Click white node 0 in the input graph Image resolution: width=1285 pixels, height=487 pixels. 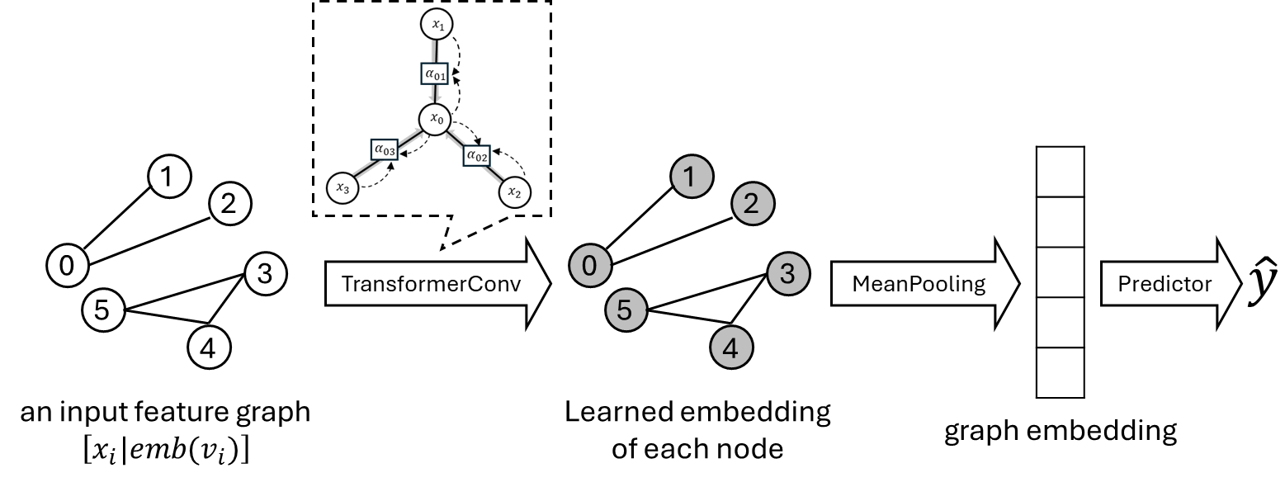(68, 265)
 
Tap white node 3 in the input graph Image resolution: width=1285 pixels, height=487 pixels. (266, 273)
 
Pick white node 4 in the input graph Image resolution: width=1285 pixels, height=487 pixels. (209, 349)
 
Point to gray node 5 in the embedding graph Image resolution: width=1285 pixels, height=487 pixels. (626, 310)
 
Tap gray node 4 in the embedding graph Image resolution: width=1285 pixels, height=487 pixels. (731, 349)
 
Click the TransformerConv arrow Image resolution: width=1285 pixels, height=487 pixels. (437, 284)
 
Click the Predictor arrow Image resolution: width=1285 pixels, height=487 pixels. (1170, 284)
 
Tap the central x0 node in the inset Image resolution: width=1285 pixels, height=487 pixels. (436, 121)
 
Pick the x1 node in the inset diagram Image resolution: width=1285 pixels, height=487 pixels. (436, 26)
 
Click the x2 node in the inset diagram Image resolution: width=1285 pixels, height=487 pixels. (514, 192)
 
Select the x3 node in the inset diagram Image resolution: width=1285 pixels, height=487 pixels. (342, 188)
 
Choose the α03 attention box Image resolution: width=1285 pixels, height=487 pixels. (385, 150)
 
